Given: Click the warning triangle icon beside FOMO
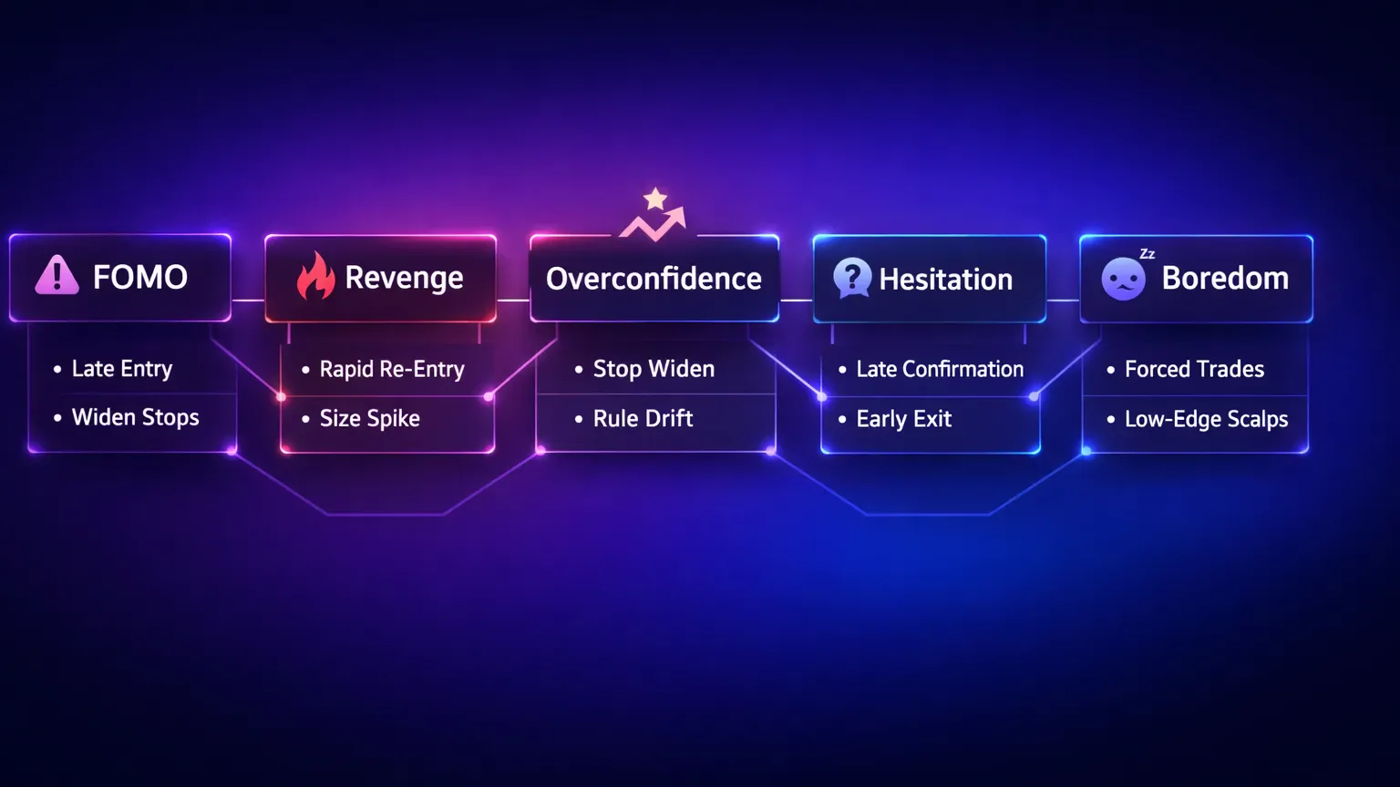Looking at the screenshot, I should pos(57,275).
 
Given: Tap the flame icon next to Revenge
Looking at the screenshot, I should pos(315,276).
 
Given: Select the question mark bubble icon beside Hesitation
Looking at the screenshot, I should pos(852,277).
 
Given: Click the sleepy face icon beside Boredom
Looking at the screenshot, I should pos(1123,279).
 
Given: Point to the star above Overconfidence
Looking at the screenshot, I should pos(655,198).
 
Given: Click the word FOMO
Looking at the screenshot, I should pos(140,277).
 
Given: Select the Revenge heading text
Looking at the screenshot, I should pos(404,278).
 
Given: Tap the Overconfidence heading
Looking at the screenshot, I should pos(654,279).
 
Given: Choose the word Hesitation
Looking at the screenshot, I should pos(945,280).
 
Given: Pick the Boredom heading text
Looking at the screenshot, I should pos(1225,278).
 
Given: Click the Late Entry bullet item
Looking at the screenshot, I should pos(122,369).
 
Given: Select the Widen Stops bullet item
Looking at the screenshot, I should pos(135,417).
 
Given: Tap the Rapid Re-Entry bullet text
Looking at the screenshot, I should pos(392,369).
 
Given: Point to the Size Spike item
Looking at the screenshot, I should pos(369,418).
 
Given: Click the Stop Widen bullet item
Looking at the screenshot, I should pos(654,369).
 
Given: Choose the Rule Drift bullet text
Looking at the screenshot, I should pos(643,418).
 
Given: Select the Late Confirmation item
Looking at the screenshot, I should pos(940,369).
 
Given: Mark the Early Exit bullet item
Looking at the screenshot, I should pos(903,419).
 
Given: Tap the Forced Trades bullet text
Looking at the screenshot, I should pos(1194,369).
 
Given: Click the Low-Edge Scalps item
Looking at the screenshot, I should pos(1206,419).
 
